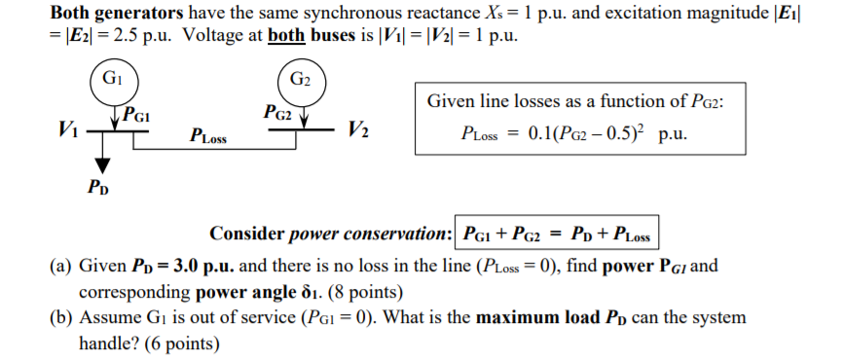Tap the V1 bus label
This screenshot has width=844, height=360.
tap(69, 127)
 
